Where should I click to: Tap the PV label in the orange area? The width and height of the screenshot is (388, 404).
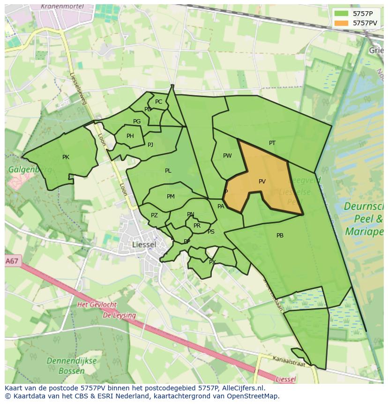click(262, 182)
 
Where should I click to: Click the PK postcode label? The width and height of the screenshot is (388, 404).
click(66, 157)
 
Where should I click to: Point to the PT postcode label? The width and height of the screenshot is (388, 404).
click(272, 143)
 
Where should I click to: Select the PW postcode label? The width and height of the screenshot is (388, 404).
click(227, 156)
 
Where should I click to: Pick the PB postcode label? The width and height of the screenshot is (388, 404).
click(280, 236)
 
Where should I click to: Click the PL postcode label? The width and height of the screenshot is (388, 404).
click(168, 171)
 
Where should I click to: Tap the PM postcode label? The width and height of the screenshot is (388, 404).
click(171, 197)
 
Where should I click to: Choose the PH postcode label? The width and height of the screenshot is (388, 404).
click(130, 136)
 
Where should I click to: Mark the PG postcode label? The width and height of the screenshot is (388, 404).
click(137, 122)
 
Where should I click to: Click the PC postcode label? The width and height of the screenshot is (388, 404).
click(158, 102)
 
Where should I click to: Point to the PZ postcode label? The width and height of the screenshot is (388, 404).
click(154, 215)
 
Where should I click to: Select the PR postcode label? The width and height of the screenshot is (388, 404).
click(197, 226)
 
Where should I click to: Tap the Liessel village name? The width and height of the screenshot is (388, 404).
click(144, 245)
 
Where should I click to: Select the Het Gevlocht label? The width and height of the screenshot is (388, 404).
click(97, 305)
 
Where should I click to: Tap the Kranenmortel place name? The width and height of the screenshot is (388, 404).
click(62, 7)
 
